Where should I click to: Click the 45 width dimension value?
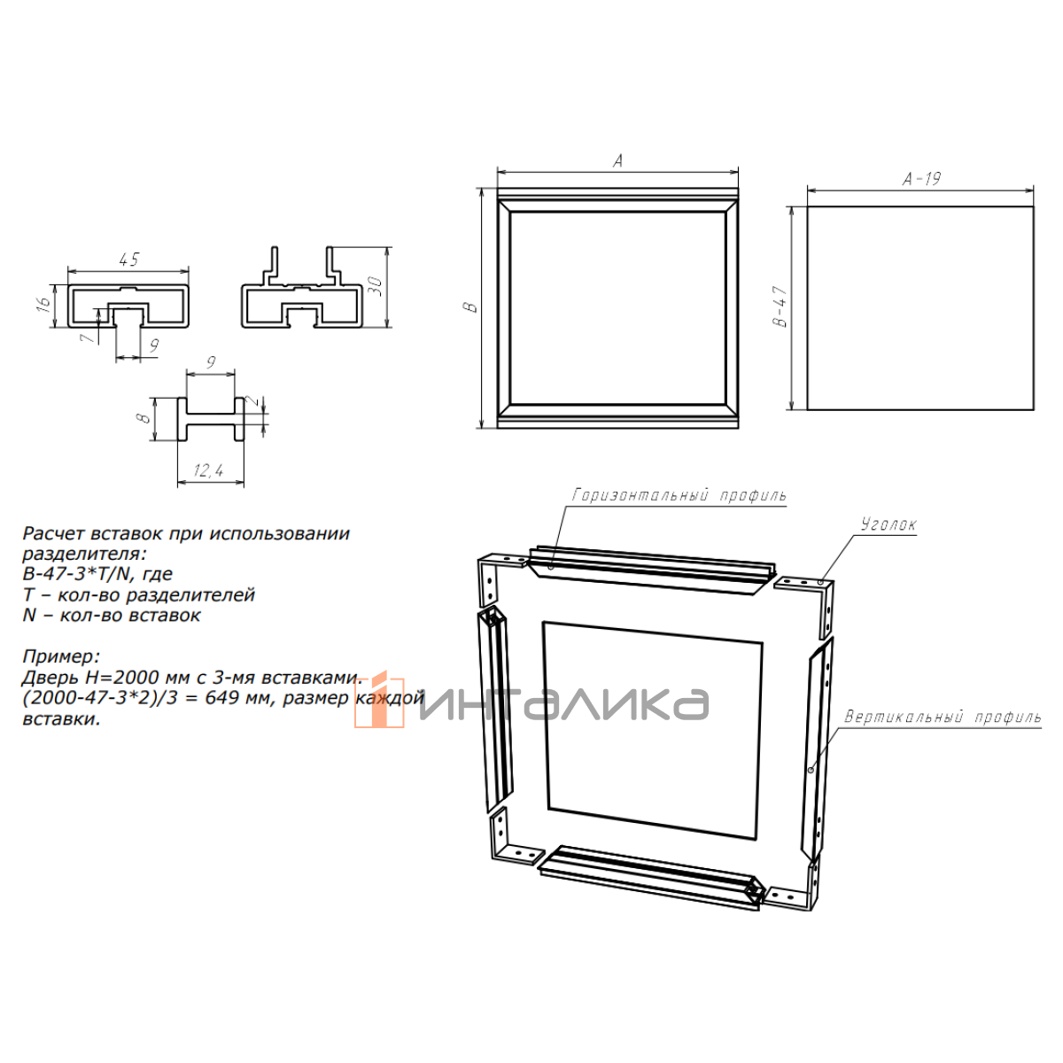point(128,260)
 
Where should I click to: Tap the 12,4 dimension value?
point(208,470)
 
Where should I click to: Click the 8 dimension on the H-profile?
point(144,417)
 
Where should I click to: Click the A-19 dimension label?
point(922,179)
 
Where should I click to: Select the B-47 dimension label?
point(781,306)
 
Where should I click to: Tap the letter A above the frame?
point(617,160)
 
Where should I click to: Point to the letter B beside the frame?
point(470,307)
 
